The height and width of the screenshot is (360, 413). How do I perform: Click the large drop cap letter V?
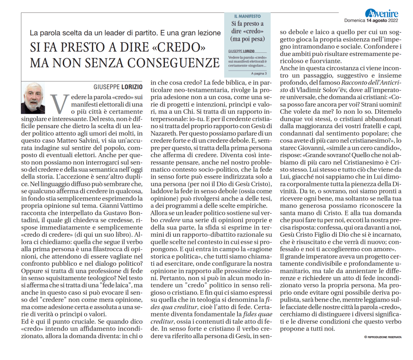pos(58,105)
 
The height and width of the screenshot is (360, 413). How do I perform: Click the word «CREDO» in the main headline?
pos(180,48)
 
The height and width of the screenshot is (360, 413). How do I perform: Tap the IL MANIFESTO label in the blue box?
pos(247,16)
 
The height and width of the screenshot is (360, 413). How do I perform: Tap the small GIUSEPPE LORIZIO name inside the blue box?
pos(242,52)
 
